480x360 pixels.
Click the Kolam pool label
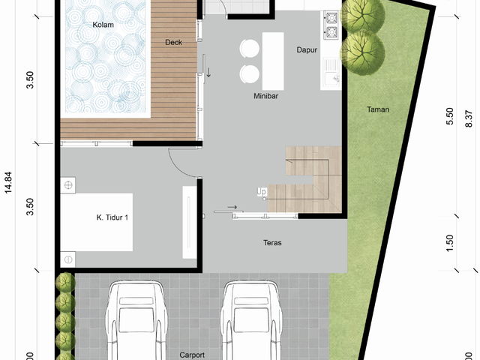click(103, 25)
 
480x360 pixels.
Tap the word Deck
click(173, 42)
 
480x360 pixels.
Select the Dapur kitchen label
click(307, 50)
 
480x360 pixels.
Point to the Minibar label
click(265, 96)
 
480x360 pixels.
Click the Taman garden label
click(378, 109)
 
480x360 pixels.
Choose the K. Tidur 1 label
click(112, 217)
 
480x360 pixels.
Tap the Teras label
click(272, 243)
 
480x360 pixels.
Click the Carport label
click(192, 355)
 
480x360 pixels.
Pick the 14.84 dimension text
click(8, 182)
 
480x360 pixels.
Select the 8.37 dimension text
click(469, 118)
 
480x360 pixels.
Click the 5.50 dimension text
click(450, 116)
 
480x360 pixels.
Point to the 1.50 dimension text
click(450, 243)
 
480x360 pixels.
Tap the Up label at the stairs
click(262, 192)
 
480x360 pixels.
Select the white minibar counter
click(273, 61)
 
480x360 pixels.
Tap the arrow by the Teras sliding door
click(232, 207)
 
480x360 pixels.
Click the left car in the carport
click(136, 320)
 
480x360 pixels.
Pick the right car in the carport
click(251, 320)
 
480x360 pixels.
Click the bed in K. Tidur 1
click(97, 222)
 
